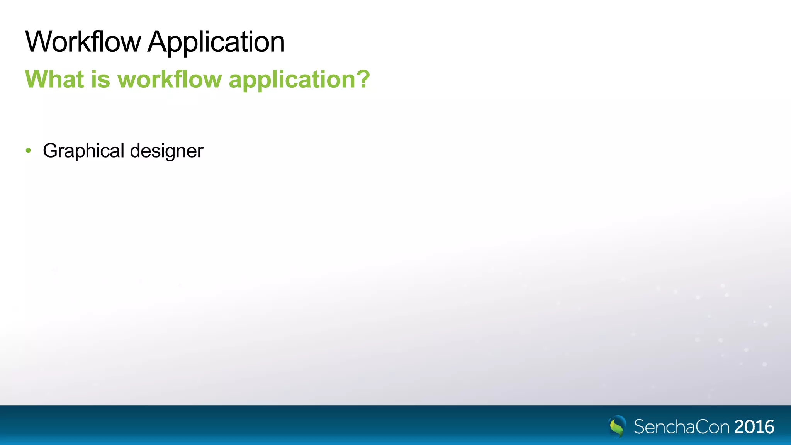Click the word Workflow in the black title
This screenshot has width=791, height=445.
(x=83, y=42)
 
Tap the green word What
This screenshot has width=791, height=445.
(x=54, y=79)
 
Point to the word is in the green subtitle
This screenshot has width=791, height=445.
(x=100, y=79)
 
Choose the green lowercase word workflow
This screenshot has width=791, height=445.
(x=170, y=79)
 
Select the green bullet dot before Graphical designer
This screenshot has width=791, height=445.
(x=28, y=150)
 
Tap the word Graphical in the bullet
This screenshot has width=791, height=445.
(x=83, y=151)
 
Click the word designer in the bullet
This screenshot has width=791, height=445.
(x=166, y=151)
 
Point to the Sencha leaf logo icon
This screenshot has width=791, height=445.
(x=617, y=426)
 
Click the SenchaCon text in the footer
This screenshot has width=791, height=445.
(x=681, y=427)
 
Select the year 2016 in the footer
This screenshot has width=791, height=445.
(x=754, y=427)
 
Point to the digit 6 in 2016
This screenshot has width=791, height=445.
(x=769, y=427)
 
